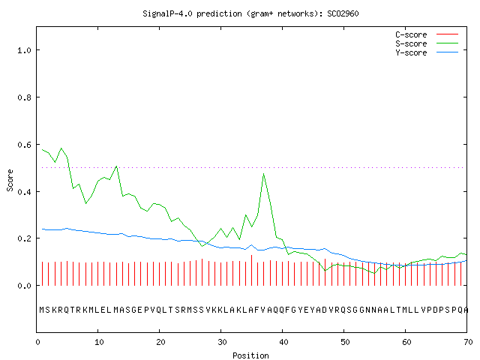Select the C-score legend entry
click(x=427, y=34)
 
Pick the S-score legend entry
click(x=427, y=43)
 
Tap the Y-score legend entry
click(x=427, y=52)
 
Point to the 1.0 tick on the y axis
click(x=24, y=50)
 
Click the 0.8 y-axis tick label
click(x=24, y=97)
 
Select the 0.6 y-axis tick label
click(x=24, y=145)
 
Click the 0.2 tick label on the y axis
click(x=24, y=238)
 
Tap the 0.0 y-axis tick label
click(x=24, y=286)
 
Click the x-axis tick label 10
click(x=99, y=342)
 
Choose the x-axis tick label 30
click(x=222, y=342)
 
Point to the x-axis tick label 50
click(x=345, y=342)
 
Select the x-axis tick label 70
click(x=468, y=342)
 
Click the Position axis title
click(x=250, y=355)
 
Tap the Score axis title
click(x=10, y=180)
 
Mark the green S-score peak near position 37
click(x=263, y=174)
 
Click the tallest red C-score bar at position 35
click(x=252, y=270)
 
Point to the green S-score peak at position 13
click(x=116, y=166)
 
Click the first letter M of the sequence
click(x=42, y=310)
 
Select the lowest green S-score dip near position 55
click(x=374, y=273)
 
